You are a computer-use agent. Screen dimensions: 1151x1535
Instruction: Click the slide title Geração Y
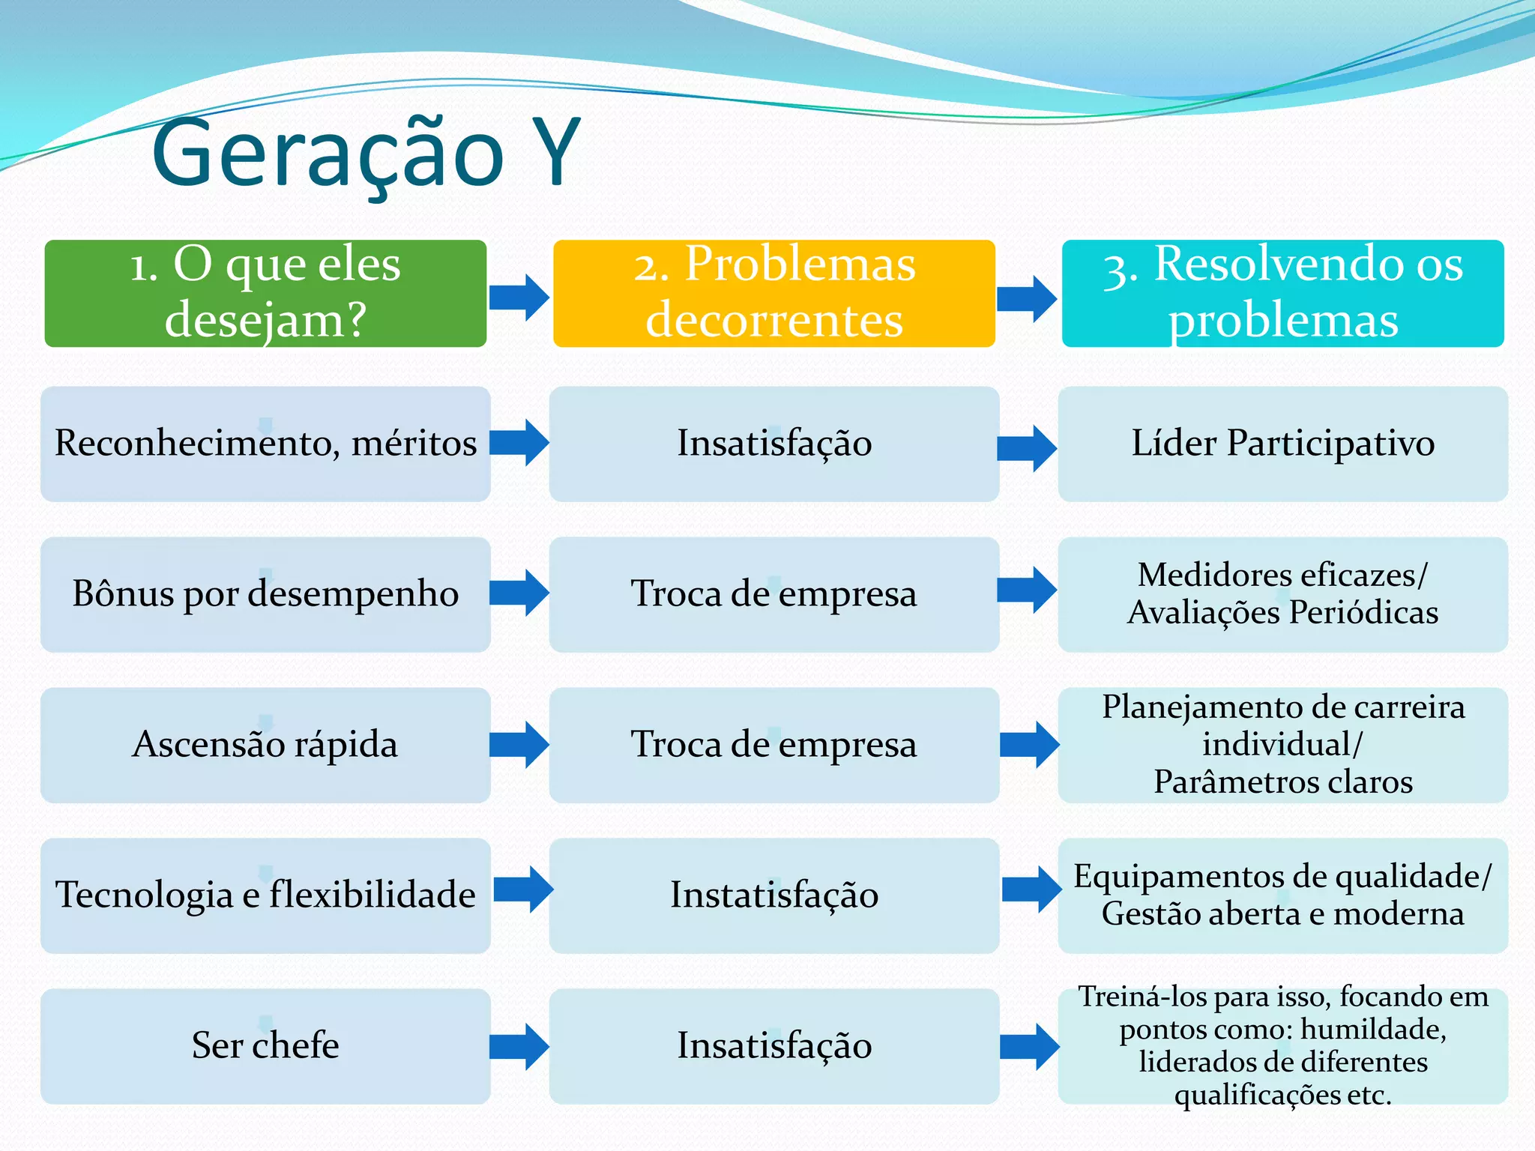[x=365, y=154]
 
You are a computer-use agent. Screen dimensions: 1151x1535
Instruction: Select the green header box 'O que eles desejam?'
[x=265, y=293]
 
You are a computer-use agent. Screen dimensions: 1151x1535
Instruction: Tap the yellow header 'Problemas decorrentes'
[x=773, y=293]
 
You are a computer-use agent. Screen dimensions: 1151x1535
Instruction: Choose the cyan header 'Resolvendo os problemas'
[x=1282, y=293]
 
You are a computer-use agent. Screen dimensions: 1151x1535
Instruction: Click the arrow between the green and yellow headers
[x=519, y=297]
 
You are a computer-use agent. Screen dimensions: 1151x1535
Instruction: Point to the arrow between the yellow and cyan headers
[x=1027, y=299]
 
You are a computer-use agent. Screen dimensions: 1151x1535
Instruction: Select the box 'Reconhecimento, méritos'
[x=265, y=444]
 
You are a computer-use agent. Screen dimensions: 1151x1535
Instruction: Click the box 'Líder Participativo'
[x=1282, y=444]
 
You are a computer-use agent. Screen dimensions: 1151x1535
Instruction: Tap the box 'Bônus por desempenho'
[x=265, y=594]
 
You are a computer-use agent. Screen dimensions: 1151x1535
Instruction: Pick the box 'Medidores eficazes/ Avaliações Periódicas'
[x=1282, y=594]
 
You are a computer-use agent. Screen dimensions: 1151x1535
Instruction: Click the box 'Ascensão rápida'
[x=265, y=745]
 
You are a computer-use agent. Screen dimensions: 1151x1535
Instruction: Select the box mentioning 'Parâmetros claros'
[x=1282, y=745]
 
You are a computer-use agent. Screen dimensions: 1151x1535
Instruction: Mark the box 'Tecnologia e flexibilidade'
[x=265, y=895]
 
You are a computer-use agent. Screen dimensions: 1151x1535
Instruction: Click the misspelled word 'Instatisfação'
[x=773, y=895]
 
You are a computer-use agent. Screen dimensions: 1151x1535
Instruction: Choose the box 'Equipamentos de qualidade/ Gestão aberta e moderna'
[x=1282, y=895]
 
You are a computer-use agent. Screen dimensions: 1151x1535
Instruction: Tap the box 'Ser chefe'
[x=265, y=1046]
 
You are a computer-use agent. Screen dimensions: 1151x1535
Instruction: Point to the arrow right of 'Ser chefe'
[x=519, y=1047]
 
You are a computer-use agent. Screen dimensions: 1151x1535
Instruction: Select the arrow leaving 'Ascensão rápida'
[x=519, y=745]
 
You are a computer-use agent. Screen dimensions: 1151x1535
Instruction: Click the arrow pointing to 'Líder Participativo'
[x=1027, y=449]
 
